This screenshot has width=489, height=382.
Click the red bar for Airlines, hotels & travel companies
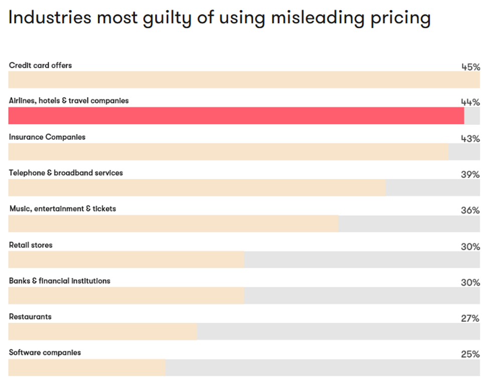(x=236, y=116)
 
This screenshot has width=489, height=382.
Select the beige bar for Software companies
(x=87, y=367)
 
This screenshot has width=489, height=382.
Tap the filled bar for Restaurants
(x=103, y=331)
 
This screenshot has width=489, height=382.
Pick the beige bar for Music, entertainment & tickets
(x=174, y=224)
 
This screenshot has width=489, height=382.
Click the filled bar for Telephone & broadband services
(x=197, y=187)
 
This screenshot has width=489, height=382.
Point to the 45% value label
(x=470, y=67)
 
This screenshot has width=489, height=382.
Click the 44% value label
(x=470, y=102)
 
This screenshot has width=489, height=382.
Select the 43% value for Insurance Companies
(x=470, y=138)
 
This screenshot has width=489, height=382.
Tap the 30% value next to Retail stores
(x=470, y=247)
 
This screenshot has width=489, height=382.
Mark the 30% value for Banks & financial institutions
(x=470, y=283)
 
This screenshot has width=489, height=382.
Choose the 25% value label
(x=470, y=354)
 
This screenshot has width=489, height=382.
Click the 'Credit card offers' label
(x=41, y=65)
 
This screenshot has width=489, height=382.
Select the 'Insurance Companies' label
(x=47, y=137)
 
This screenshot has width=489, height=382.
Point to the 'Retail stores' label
(x=31, y=245)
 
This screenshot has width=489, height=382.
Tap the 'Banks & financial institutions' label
(x=60, y=281)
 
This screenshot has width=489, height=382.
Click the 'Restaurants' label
(x=30, y=317)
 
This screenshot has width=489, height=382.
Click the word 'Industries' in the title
(x=50, y=18)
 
